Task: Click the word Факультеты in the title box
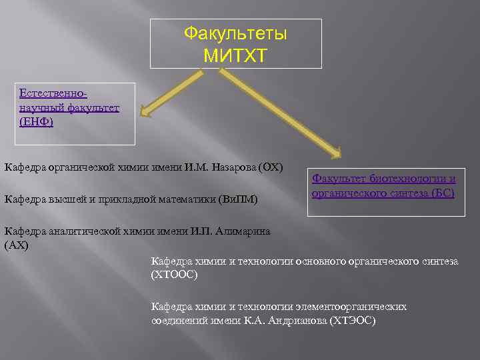click(x=235, y=33)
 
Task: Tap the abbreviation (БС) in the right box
click(x=443, y=193)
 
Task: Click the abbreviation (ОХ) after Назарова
click(x=270, y=166)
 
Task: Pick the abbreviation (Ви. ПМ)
click(x=239, y=199)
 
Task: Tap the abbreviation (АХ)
click(x=17, y=245)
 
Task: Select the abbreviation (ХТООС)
click(x=175, y=274)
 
